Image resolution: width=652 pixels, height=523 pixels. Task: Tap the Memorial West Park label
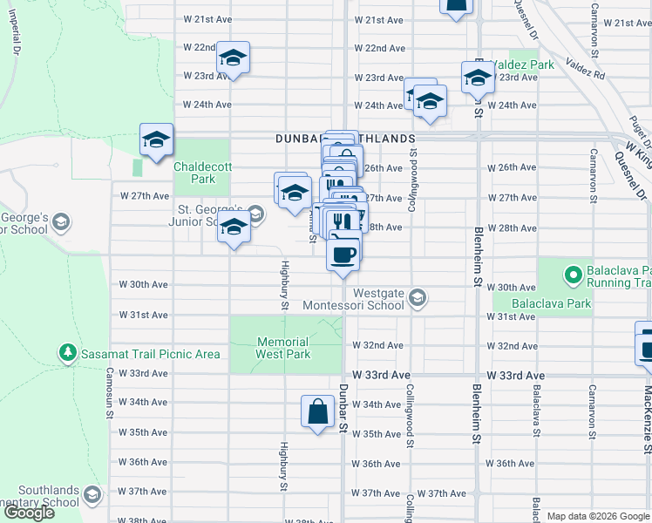(282, 348)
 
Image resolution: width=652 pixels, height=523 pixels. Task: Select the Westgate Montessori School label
(353, 299)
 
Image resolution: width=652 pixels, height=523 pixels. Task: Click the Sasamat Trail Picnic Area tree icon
(67, 352)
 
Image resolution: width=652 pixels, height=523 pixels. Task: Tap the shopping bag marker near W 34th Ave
(318, 412)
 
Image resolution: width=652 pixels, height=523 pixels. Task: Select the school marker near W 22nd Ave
(233, 59)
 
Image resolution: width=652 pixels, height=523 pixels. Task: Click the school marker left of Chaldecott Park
(156, 140)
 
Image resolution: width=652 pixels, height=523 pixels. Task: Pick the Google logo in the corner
(29, 513)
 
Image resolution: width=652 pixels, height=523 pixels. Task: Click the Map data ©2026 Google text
(598, 516)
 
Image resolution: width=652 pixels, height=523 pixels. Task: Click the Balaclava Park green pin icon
(573, 275)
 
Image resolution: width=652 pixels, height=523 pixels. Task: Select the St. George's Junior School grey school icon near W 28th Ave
(255, 214)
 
